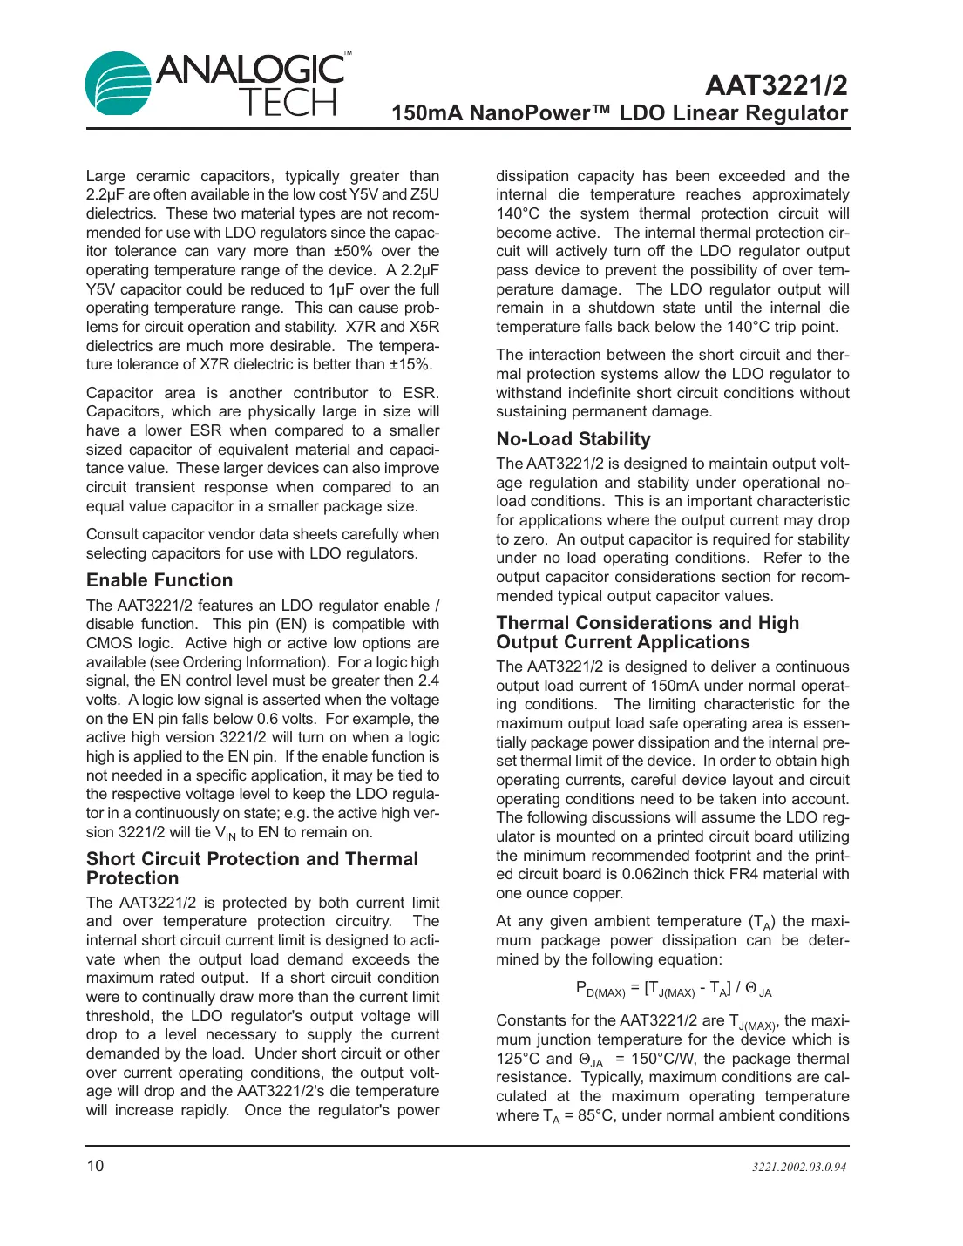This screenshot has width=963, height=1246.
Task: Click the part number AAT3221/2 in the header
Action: click(776, 85)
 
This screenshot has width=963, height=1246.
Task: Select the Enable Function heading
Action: click(159, 580)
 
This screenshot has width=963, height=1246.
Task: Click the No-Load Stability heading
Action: click(573, 439)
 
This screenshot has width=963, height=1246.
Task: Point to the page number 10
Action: click(95, 1166)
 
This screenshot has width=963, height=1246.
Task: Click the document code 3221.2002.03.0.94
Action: click(799, 1167)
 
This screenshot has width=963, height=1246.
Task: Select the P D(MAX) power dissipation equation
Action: click(673, 988)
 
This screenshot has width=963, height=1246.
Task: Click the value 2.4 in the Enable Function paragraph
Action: click(428, 681)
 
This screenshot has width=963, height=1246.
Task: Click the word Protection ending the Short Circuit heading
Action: click(132, 878)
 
